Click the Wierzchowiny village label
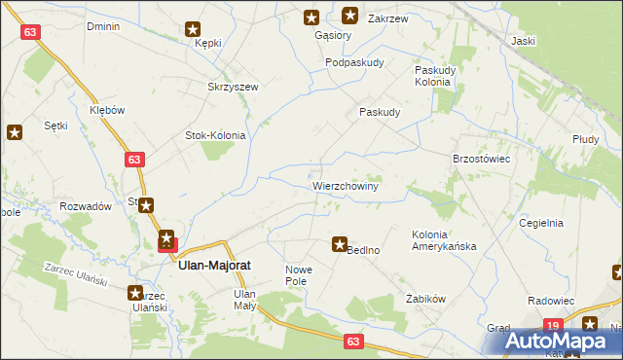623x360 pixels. point(346,184)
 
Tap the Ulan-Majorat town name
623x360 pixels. point(216,263)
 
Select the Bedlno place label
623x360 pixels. point(364,250)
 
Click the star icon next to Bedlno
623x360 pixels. point(340,245)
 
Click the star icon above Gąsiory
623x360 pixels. point(311,17)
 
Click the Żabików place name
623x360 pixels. point(425,300)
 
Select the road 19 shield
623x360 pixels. point(553,325)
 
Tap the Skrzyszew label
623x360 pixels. point(233,87)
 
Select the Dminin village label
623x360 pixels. point(103,26)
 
